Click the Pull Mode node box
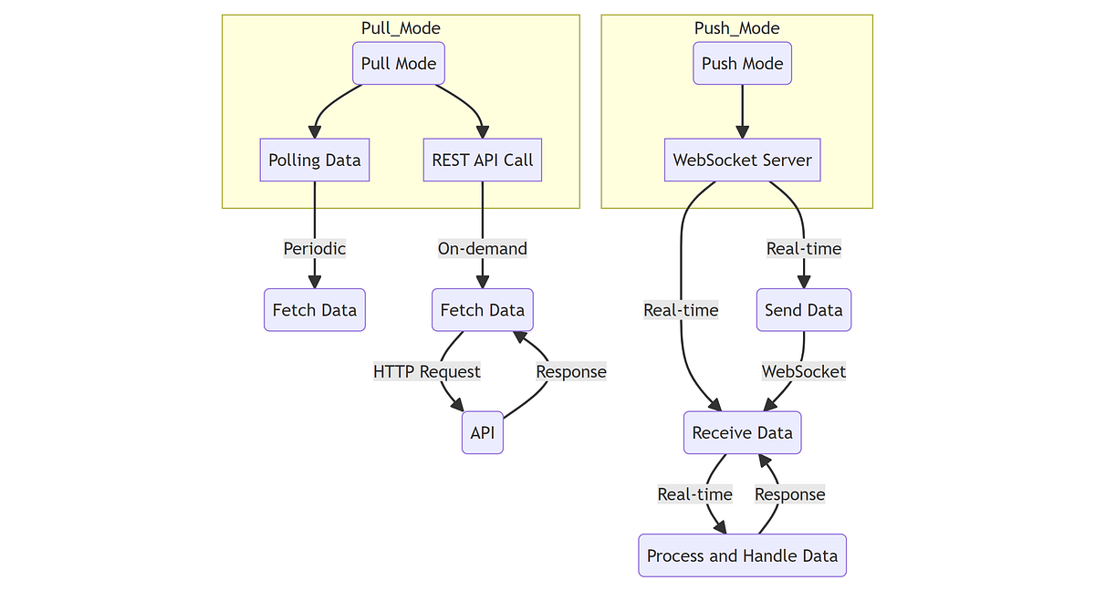[399, 64]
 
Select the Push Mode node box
[742, 64]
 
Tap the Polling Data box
[314, 161]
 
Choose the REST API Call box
[482, 161]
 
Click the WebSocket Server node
[742, 161]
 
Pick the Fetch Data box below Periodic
[314, 310]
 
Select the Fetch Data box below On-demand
[482, 310]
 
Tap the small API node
[482, 433]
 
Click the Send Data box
[803, 310]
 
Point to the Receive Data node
[742, 432]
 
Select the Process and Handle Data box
[742, 555]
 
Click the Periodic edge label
[314, 248]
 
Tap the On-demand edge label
[482, 248]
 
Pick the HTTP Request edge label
[426, 371]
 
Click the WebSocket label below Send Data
[803, 371]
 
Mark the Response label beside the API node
[570, 371]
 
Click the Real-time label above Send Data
[803, 248]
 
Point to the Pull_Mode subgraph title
[401, 28]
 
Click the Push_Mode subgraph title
[736, 28]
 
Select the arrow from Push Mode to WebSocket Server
[742, 111]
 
